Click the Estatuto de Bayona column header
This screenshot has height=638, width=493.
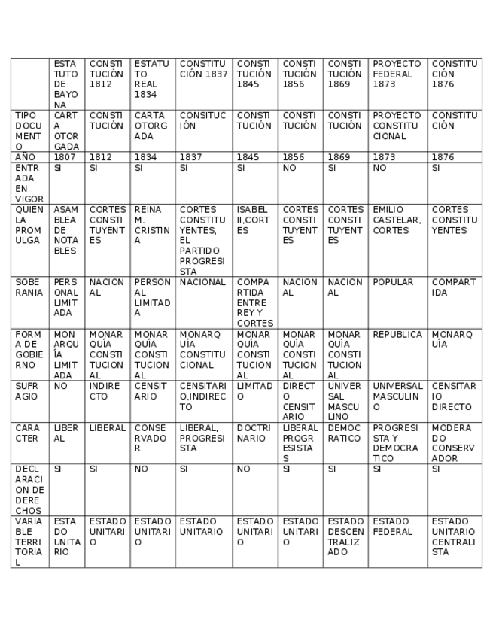click(65, 84)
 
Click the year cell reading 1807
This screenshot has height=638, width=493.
click(65, 157)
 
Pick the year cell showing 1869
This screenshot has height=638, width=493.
click(345, 157)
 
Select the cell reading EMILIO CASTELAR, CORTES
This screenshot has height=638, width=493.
click(397, 220)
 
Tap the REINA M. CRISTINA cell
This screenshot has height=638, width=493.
click(152, 225)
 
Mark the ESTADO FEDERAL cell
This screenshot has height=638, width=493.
click(397, 526)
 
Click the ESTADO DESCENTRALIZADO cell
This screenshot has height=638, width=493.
click(345, 536)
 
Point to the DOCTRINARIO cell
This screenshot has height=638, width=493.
click(254, 433)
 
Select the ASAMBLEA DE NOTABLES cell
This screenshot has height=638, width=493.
click(65, 230)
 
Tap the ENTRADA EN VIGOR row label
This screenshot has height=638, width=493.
click(29, 183)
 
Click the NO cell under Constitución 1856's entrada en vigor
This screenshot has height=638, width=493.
click(300, 169)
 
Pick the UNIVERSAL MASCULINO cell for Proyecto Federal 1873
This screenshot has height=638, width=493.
click(397, 396)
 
